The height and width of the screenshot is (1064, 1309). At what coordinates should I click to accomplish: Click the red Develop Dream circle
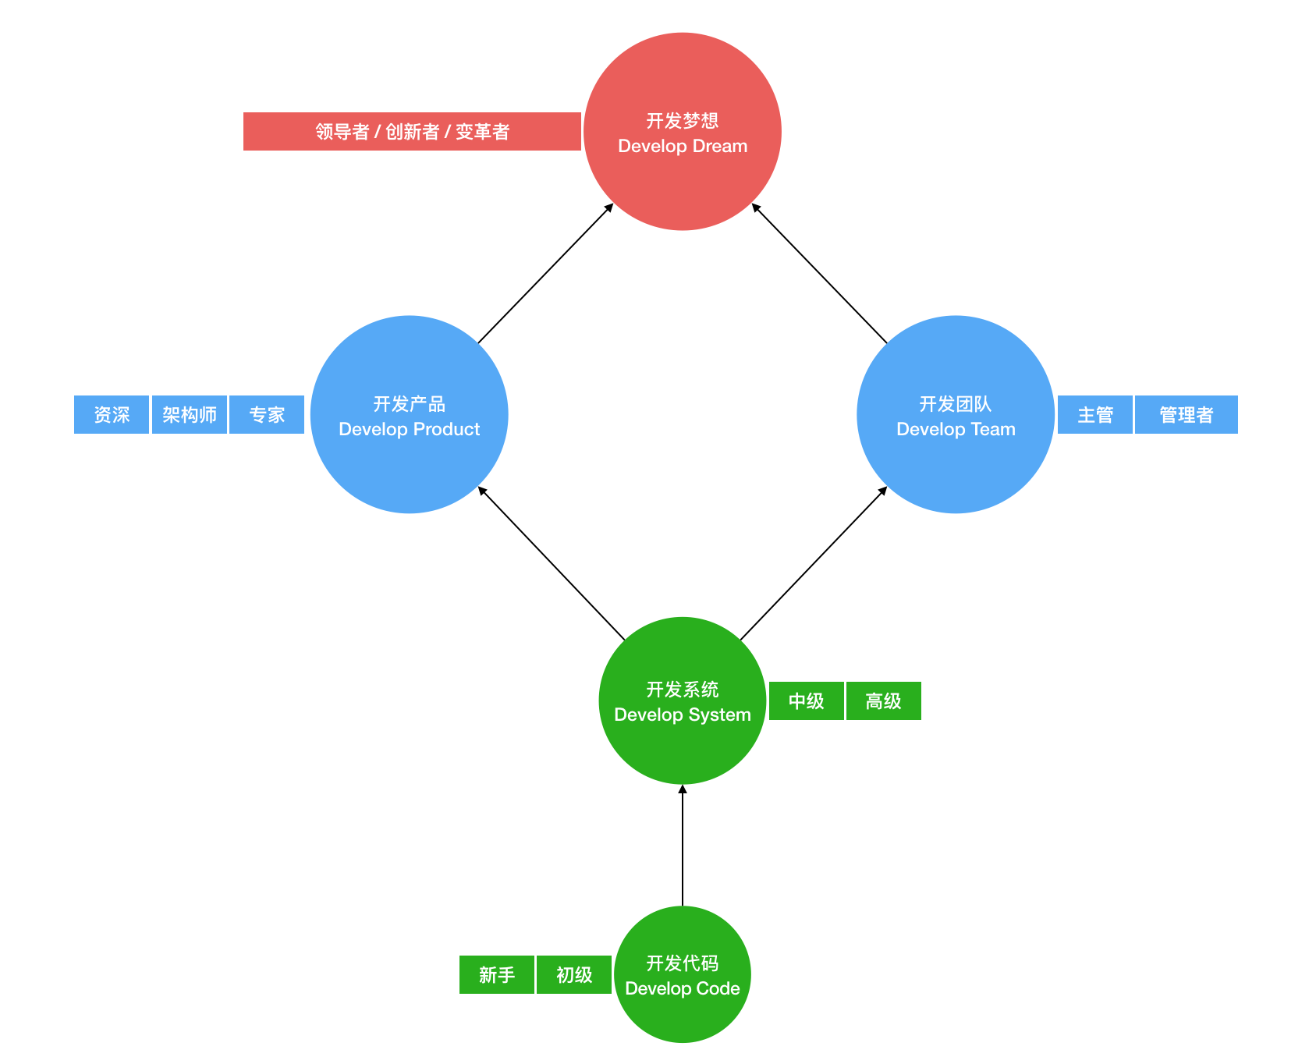point(683,132)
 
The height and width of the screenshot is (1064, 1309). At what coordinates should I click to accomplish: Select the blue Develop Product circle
point(410,414)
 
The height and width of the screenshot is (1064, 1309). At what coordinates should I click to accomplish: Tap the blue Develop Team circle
point(956,414)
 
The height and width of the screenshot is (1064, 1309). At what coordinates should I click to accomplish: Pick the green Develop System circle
point(683,700)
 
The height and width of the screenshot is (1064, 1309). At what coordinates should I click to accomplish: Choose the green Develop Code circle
point(683,974)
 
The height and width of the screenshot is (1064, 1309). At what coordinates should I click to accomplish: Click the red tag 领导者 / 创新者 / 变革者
point(412,132)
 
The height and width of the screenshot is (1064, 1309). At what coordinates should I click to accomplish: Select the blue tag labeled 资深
point(112,414)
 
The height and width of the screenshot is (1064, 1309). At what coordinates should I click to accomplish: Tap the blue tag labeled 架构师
point(190,414)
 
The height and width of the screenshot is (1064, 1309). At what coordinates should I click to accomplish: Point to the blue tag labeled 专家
point(267,414)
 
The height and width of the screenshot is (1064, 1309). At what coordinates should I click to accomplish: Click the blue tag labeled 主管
point(1094,414)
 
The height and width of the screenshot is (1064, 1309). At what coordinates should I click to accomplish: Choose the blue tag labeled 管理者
point(1186,414)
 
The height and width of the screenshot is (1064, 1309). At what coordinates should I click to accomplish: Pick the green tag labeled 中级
point(806,700)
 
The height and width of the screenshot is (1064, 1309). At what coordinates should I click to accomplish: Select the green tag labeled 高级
point(883,700)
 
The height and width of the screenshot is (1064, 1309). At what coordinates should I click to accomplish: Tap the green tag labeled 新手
point(497,974)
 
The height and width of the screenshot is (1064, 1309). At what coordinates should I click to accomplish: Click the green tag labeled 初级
point(574,974)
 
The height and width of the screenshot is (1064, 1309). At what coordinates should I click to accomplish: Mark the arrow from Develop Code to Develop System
point(683,846)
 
